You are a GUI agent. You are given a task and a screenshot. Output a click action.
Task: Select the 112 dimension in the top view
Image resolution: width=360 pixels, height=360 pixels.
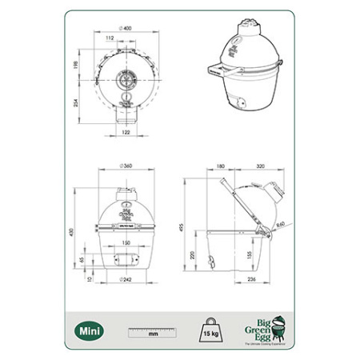coord(109,38)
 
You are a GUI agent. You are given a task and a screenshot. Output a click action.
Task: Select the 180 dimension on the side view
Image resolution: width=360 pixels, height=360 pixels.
coord(221,168)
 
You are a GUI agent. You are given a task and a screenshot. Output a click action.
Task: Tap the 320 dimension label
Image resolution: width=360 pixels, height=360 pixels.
coord(260,168)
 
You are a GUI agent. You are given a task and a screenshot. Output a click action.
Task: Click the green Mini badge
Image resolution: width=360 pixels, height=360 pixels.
coord(89,329)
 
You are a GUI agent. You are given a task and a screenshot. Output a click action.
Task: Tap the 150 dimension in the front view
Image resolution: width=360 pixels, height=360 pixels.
coord(126,242)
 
